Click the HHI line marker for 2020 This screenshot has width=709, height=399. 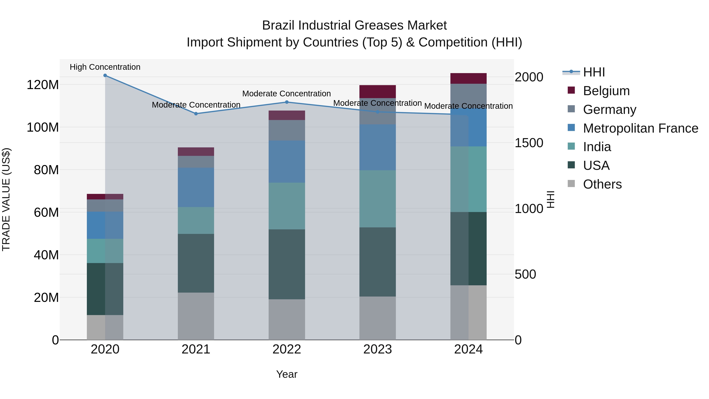point(105,75)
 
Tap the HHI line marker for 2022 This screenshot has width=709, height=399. point(287,102)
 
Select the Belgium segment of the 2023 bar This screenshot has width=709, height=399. point(377,91)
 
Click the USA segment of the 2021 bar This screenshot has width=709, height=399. point(196,263)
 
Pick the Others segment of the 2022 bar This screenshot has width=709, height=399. point(287,319)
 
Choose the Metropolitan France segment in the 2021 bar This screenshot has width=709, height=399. point(196,187)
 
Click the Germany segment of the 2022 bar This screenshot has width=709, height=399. point(287,130)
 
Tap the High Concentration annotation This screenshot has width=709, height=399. point(105,67)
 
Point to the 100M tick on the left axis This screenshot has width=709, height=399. point(43,127)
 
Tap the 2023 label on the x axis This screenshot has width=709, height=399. point(377,349)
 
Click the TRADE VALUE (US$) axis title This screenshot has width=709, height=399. point(6,199)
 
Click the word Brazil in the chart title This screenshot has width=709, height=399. point(278,25)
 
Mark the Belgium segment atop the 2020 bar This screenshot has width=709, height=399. point(105,197)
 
